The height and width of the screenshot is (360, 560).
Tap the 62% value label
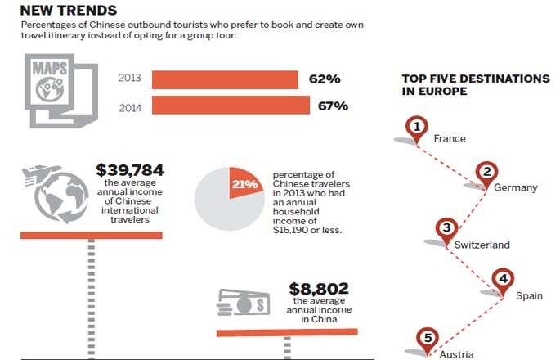pos(325,79)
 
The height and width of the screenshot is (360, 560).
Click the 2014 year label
pos(130,106)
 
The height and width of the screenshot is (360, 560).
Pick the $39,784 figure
pos(129,170)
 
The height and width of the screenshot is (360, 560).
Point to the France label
pos(450,138)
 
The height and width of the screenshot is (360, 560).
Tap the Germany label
pos(515,187)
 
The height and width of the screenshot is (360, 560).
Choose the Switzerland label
pos(483,245)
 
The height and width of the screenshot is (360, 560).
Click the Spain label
pos(529,295)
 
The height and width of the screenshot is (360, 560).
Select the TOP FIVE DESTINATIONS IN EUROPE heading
pos(475,85)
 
